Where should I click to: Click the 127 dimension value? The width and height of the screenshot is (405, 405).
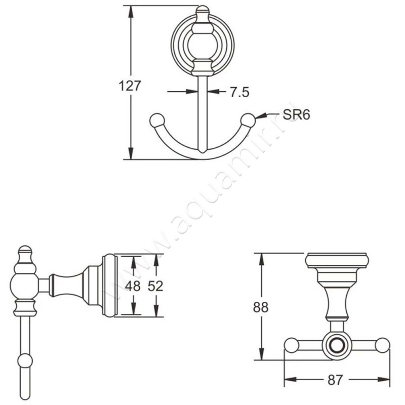(x=130, y=86)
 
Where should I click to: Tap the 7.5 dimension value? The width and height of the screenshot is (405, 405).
(x=239, y=92)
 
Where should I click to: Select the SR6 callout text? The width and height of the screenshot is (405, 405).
(x=296, y=114)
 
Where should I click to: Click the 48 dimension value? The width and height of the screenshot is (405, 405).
(x=133, y=286)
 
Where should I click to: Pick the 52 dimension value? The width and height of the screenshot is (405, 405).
(x=155, y=286)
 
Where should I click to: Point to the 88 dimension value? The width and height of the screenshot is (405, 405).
(x=261, y=308)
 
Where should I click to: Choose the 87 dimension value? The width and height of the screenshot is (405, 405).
(x=335, y=380)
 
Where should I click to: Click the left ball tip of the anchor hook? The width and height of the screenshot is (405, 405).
(x=156, y=120)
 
